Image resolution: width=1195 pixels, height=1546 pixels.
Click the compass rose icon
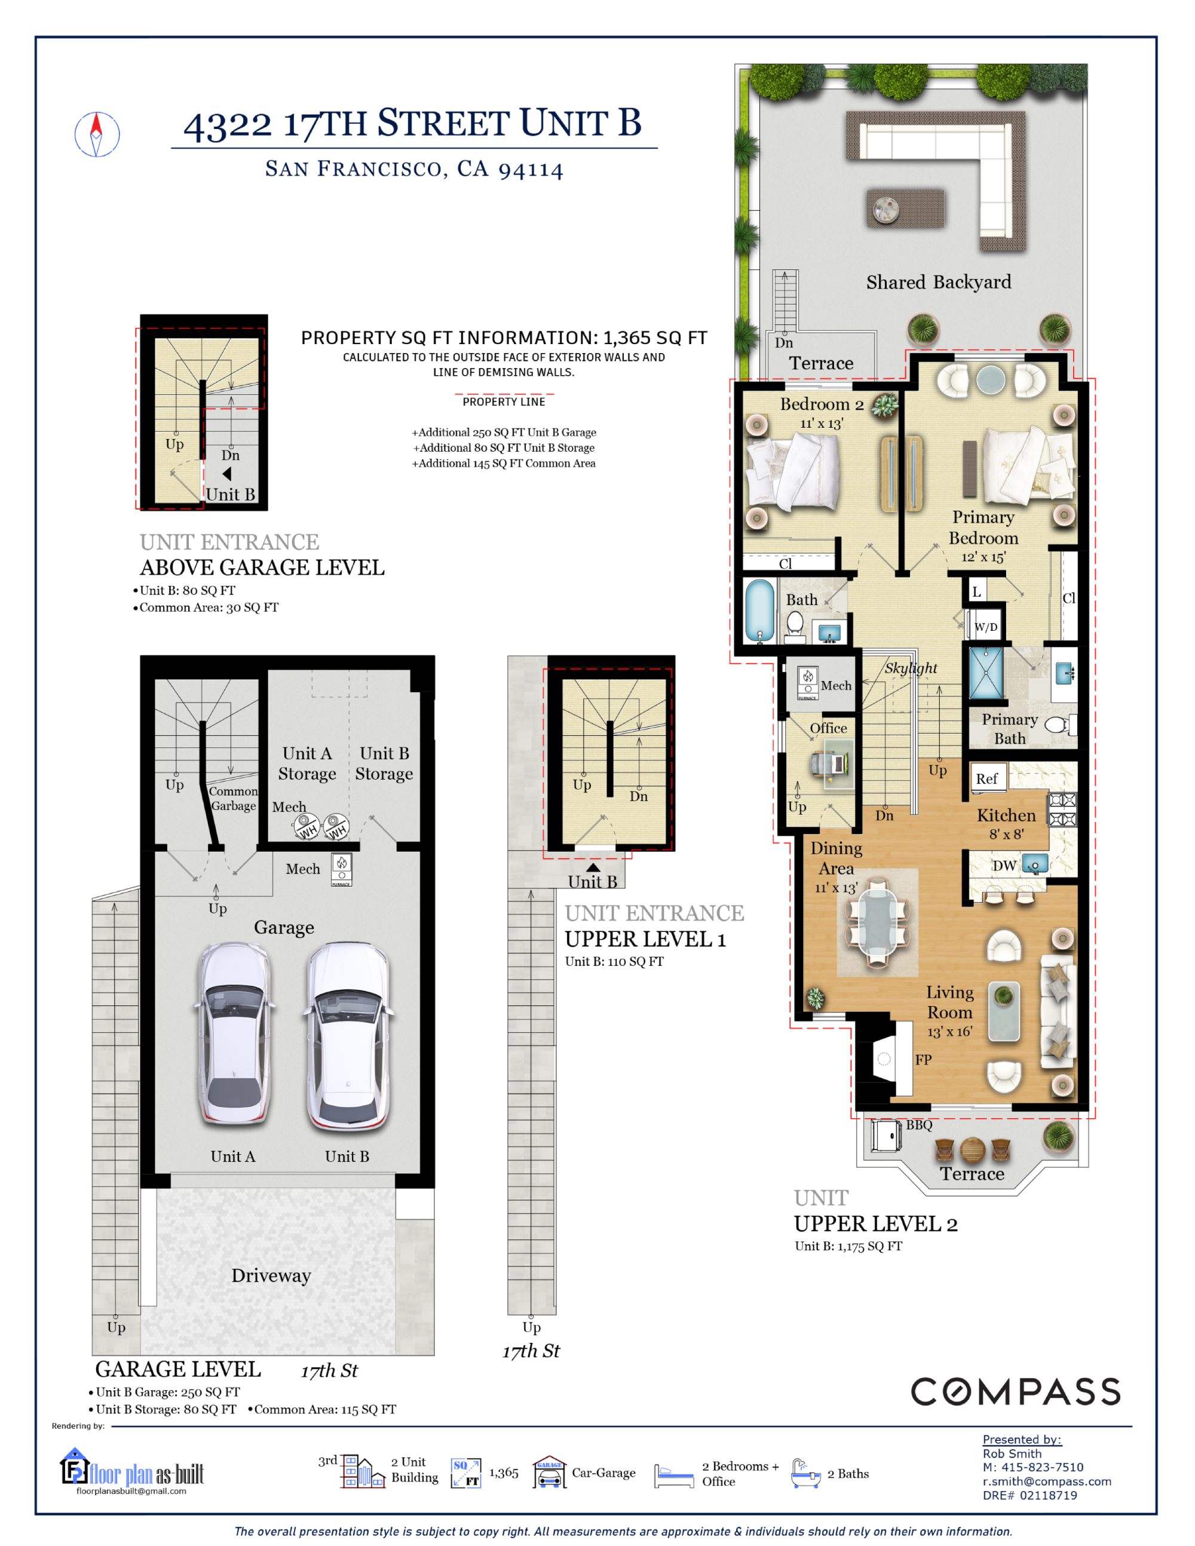(97, 134)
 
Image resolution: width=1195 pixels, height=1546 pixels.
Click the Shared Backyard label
(939, 283)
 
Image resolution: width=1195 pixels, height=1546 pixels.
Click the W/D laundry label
(985, 627)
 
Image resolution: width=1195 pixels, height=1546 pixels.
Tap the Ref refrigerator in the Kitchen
(987, 778)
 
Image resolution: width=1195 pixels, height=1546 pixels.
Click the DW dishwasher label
(1004, 866)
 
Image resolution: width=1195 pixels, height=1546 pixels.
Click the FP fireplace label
(923, 1060)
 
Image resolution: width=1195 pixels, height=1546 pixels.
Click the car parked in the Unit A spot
(234, 1033)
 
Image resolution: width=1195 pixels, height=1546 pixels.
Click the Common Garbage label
(234, 799)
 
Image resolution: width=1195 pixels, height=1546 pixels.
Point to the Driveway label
(271, 1275)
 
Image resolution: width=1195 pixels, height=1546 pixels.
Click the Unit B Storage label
(384, 763)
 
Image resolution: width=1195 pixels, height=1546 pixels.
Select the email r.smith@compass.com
(1046, 1481)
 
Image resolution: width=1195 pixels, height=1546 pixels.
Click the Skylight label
(911, 668)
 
